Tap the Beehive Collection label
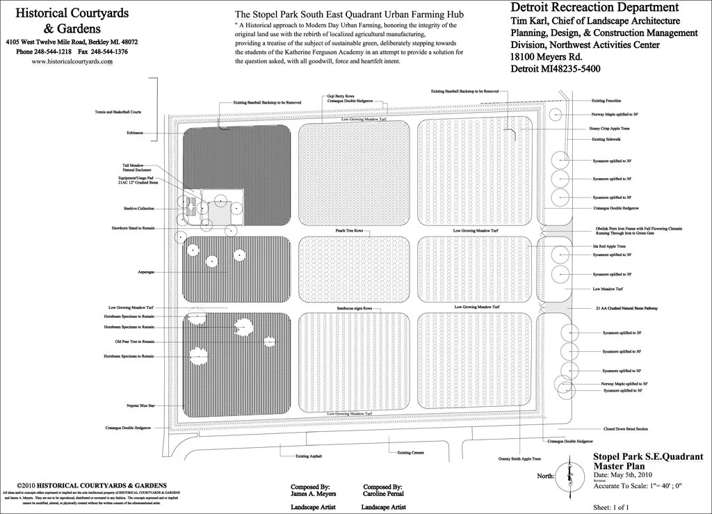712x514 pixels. [133, 209]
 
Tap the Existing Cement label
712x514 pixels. [410, 453]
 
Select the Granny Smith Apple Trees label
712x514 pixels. [519, 458]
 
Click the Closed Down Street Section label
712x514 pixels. [626, 429]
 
